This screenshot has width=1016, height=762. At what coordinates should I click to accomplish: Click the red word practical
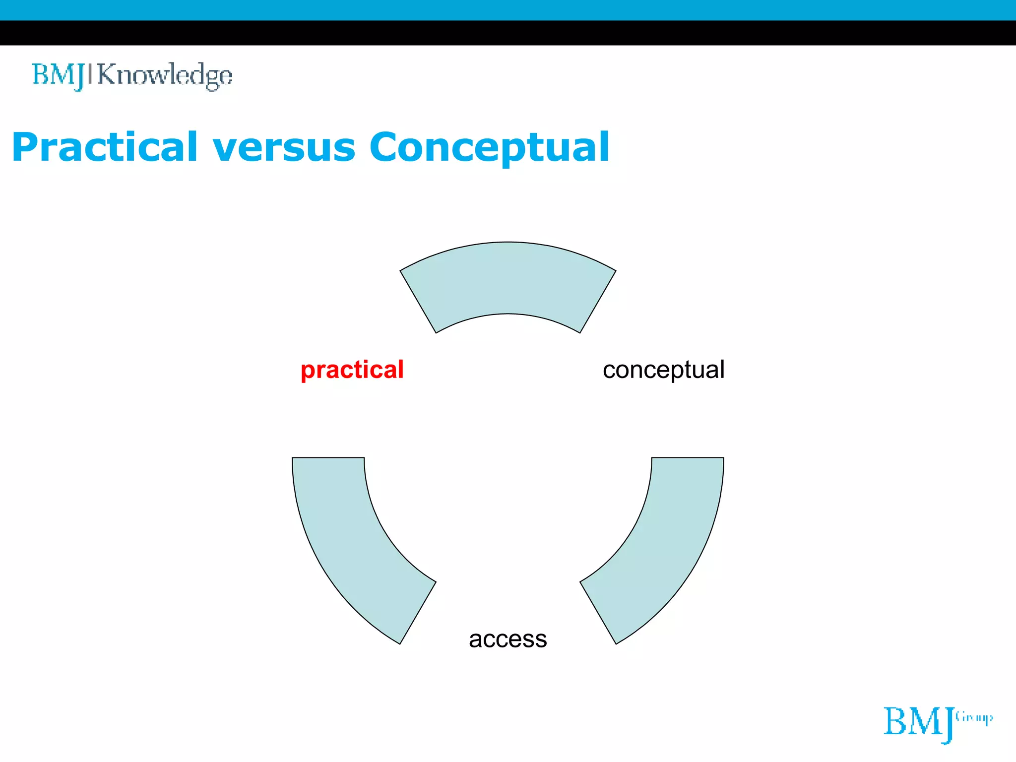point(352,370)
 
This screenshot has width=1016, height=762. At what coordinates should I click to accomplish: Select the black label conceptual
point(663,370)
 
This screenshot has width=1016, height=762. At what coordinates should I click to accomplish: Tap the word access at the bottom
point(508,639)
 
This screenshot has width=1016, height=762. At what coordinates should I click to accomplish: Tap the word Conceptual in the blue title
point(489,148)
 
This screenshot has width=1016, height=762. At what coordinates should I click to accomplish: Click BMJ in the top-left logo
point(58,75)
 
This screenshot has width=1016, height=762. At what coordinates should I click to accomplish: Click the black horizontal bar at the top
point(508,33)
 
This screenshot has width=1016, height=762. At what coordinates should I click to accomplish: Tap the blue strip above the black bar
point(508,10)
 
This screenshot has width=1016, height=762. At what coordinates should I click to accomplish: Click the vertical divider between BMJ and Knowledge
point(90,74)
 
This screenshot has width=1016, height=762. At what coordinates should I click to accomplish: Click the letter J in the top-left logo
point(79,77)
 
